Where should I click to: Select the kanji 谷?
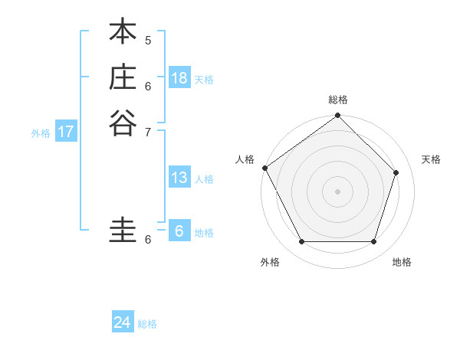coord(123,122)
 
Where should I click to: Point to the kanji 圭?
coord(123,231)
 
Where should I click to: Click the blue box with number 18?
coord(179,77)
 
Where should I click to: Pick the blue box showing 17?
coord(66,132)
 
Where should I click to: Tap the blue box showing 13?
coord(179,178)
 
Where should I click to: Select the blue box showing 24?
coord(123,322)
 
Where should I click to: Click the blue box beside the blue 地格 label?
coord(179,231)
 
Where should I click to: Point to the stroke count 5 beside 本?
coord(148,40)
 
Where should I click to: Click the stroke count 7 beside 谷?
coord(148,131)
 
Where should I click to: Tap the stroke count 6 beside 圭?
coord(148,240)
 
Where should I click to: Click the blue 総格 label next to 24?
coord(147,324)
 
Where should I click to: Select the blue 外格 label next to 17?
coord(41,133)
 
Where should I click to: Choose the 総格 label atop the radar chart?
coord(338,100)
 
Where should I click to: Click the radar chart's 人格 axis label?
coord(245,159)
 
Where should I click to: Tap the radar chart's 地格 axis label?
coord(402,262)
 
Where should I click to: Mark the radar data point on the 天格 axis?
coord(396,172)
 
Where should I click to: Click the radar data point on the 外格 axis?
coord(301,242)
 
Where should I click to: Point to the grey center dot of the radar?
coord(337,191)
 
